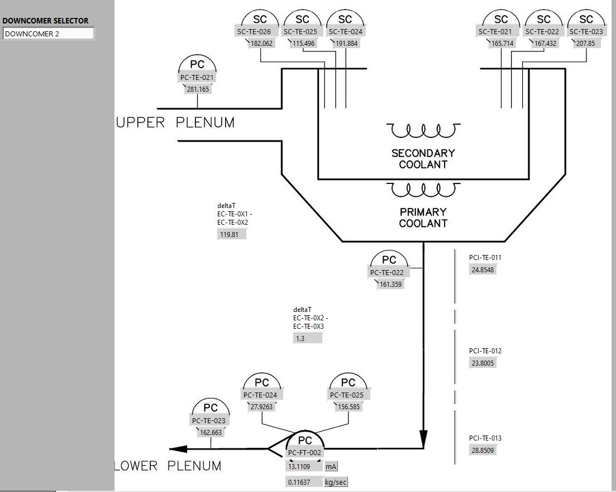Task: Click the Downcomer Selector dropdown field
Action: pyautogui.click(x=49, y=34)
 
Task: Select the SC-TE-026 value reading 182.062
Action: pyautogui.click(x=261, y=44)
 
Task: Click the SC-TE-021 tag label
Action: pyautogui.click(x=495, y=32)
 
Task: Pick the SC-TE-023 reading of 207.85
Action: pyautogui.click(x=585, y=44)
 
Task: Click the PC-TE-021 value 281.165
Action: pyautogui.click(x=198, y=89)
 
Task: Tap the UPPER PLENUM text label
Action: pyautogui.click(x=175, y=122)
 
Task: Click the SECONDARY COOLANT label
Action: pyautogui.click(x=423, y=159)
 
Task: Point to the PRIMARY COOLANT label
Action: pyautogui.click(x=423, y=217)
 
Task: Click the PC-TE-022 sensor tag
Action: pyautogui.click(x=386, y=273)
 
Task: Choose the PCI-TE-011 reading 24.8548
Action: pyautogui.click(x=483, y=269)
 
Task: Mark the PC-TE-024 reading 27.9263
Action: pyautogui.click(x=261, y=407)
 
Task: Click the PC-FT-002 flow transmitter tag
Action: pyautogui.click(x=305, y=452)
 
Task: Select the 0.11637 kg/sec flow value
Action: pyautogui.click(x=304, y=482)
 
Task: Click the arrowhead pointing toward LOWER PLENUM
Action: pyautogui.click(x=178, y=448)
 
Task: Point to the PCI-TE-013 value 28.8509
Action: pyautogui.click(x=483, y=450)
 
